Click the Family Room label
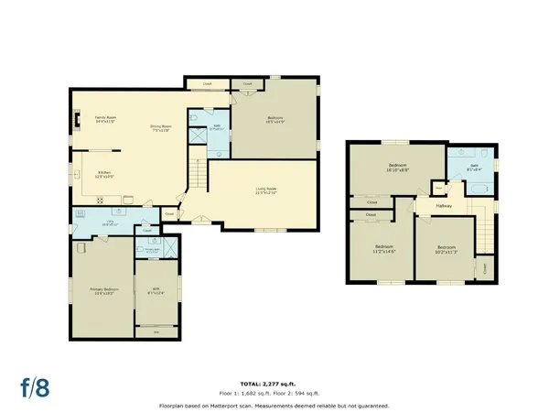pyautogui.click(x=105, y=118)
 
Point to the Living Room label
pyautogui.click(x=266, y=190)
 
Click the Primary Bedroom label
pyautogui.click(x=104, y=290)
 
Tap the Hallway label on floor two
pyautogui.click(x=444, y=206)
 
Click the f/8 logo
pyautogui.click(x=35, y=384)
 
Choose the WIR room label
pyautogui.click(x=155, y=290)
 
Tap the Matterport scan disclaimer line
pyautogui.click(x=274, y=404)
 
